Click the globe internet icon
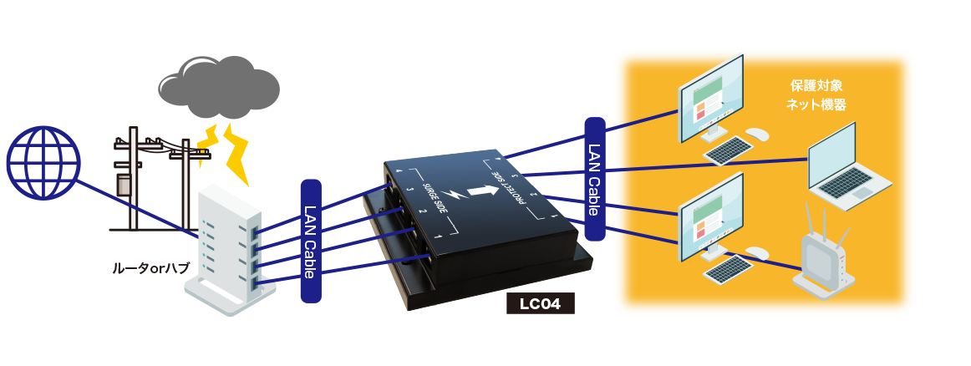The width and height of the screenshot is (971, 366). pos(43,163)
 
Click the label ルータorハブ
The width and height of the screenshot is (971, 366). pos(151,269)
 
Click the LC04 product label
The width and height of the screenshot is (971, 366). pos(541,302)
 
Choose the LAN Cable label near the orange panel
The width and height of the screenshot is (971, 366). pos(594,180)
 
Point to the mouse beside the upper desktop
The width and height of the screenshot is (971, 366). pos(756,134)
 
